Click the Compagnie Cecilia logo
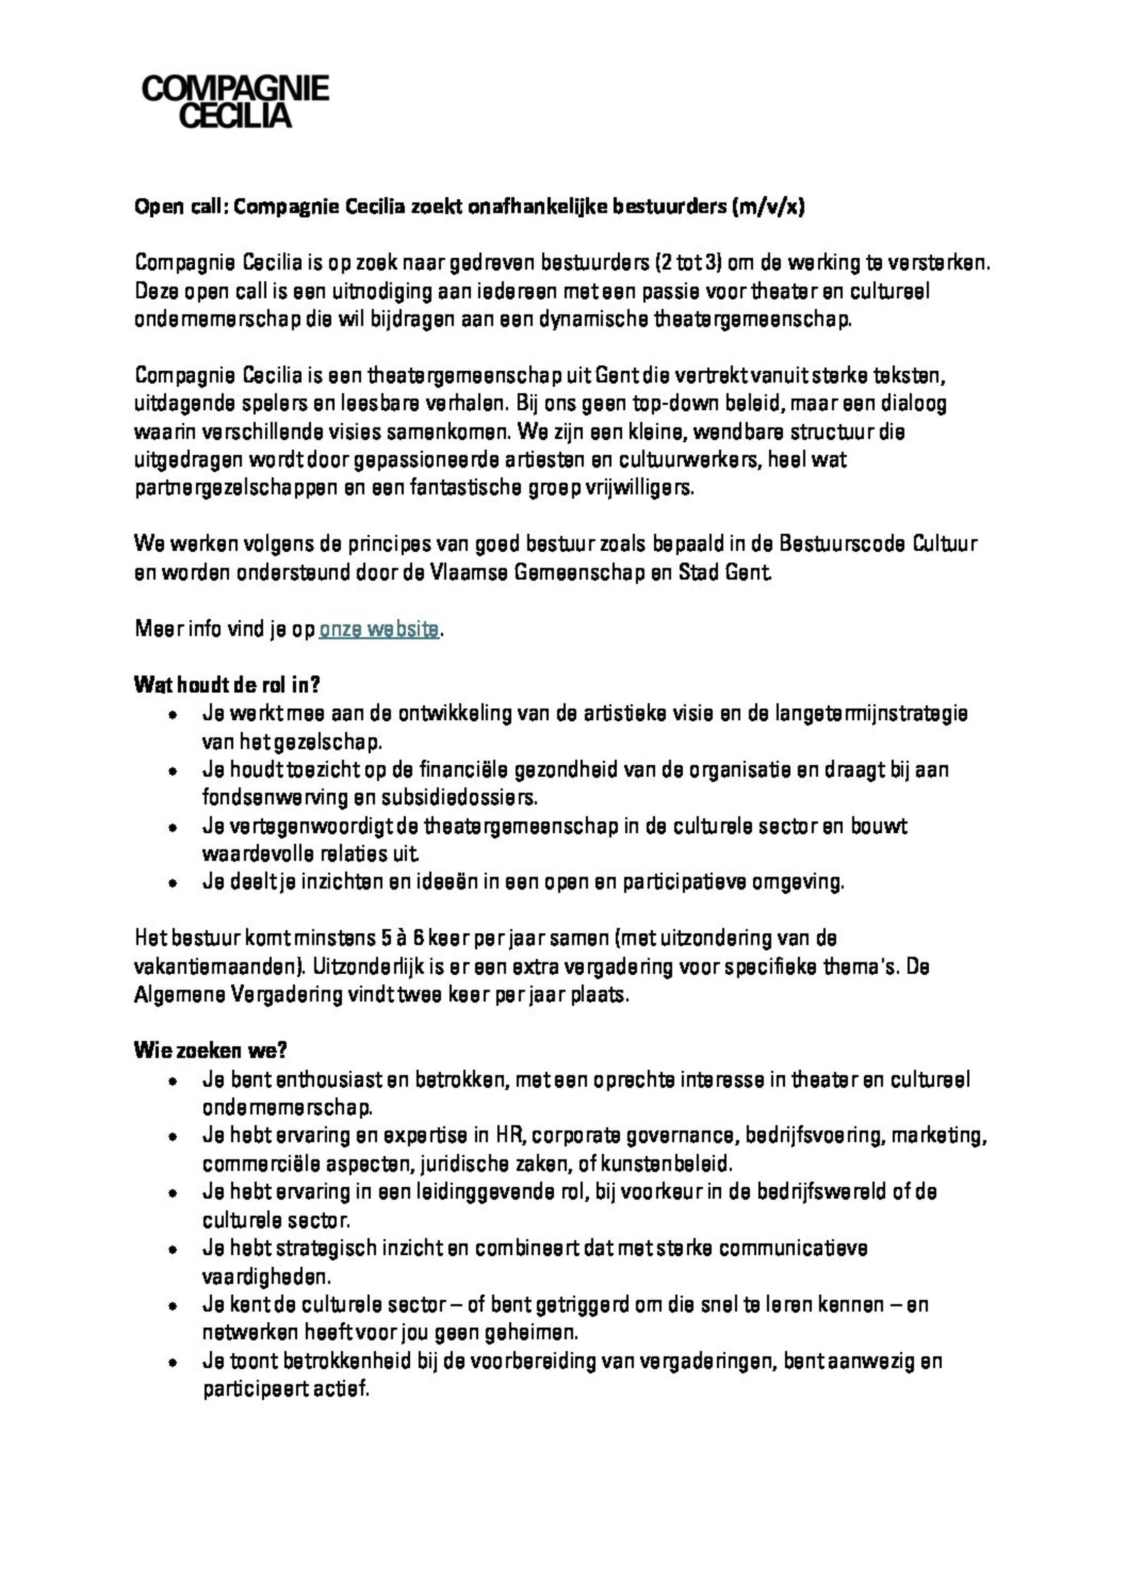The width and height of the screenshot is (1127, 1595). [x=235, y=102]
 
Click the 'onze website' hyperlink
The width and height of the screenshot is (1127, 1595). [x=379, y=630]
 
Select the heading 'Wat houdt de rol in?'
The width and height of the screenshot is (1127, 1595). [x=226, y=686]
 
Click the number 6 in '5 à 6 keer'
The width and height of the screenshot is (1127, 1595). [x=418, y=939]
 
